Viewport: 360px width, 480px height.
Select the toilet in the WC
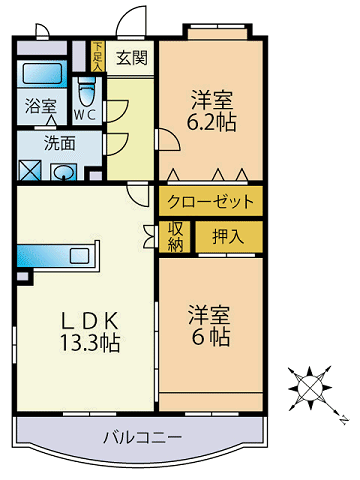[87, 95]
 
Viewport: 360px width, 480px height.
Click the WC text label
[87, 115]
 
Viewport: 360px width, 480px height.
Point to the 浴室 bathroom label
[40, 104]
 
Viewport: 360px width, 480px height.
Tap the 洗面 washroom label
[60, 141]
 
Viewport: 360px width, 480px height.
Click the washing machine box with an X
[30, 170]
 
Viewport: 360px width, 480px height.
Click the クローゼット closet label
[211, 200]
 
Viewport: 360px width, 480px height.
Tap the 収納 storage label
[176, 237]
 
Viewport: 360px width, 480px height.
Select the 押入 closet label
[228, 237]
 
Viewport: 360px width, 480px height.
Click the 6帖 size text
[211, 337]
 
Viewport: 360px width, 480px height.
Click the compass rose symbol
[310, 385]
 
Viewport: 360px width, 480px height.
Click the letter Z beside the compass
[341, 417]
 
